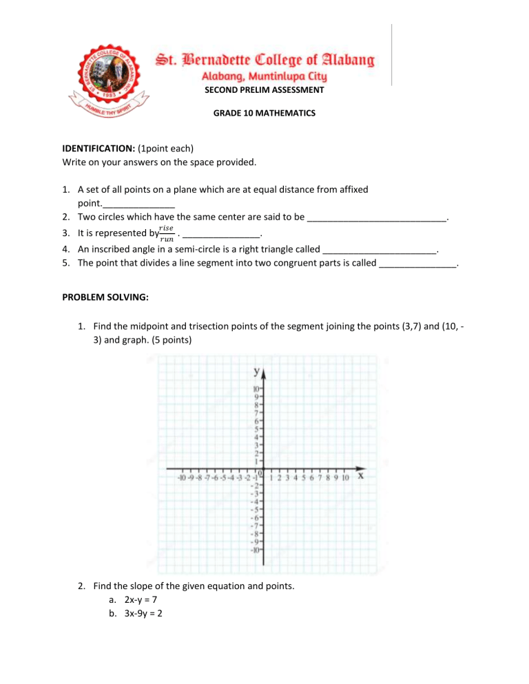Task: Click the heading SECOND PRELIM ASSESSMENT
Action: pos(264,89)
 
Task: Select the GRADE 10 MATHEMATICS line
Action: pos(264,112)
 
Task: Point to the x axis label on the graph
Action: pos(361,475)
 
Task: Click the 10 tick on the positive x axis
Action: pos(345,477)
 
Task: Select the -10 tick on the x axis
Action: pos(183,477)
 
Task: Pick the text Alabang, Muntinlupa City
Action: pos(264,76)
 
